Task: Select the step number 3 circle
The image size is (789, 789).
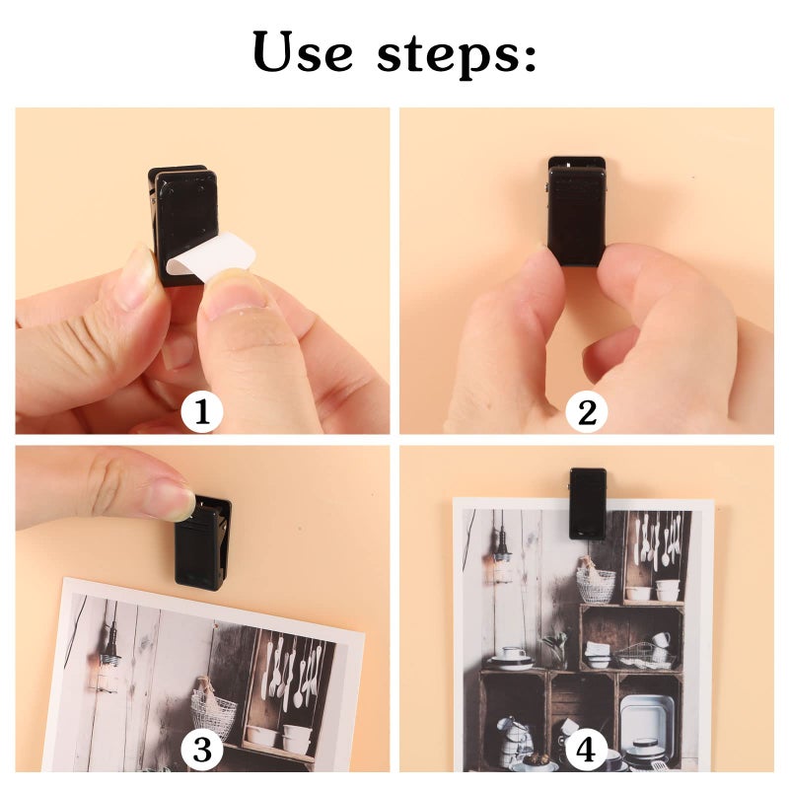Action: (202, 751)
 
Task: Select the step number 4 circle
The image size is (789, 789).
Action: (587, 751)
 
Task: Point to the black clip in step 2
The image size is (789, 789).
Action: (577, 212)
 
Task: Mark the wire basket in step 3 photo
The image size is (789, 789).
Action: (215, 711)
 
